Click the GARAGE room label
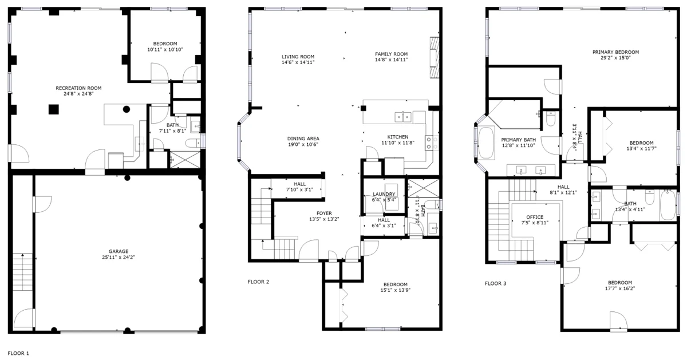pyautogui.click(x=119, y=251)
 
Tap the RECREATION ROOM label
pyautogui.click(x=78, y=88)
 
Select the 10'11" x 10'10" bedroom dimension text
pyautogui.click(x=165, y=49)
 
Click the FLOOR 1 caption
pyautogui.click(x=18, y=353)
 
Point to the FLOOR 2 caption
pyautogui.click(x=258, y=282)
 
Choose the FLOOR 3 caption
pyautogui.click(x=495, y=283)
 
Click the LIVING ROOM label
pyautogui.click(x=298, y=57)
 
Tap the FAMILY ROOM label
pyautogui.click(x=392, y=54)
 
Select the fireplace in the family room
pyautogui.click(x=435, y=58)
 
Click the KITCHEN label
pyautogui.click(x=398, y=137)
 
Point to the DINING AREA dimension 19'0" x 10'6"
pyautogui.click(x=303, y=144)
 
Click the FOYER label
pyautogui.click(x=324, y=213)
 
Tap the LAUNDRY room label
pyautogui.click(x=384, y=194)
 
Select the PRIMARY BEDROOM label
pyautogui.click(x=615, y=52)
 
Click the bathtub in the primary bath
pyautogui.click(x=486, y=143)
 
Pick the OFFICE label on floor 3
pyautogui.click(x=535, y=217)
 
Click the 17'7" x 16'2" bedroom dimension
pyautogui.click(x=620, y=288)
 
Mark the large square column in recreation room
pyautogui.click(x=54, y=109)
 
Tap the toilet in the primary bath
pyautogui.click(x=551, y=118)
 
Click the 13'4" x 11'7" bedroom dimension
pyautogui.click(x=641, y=148)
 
